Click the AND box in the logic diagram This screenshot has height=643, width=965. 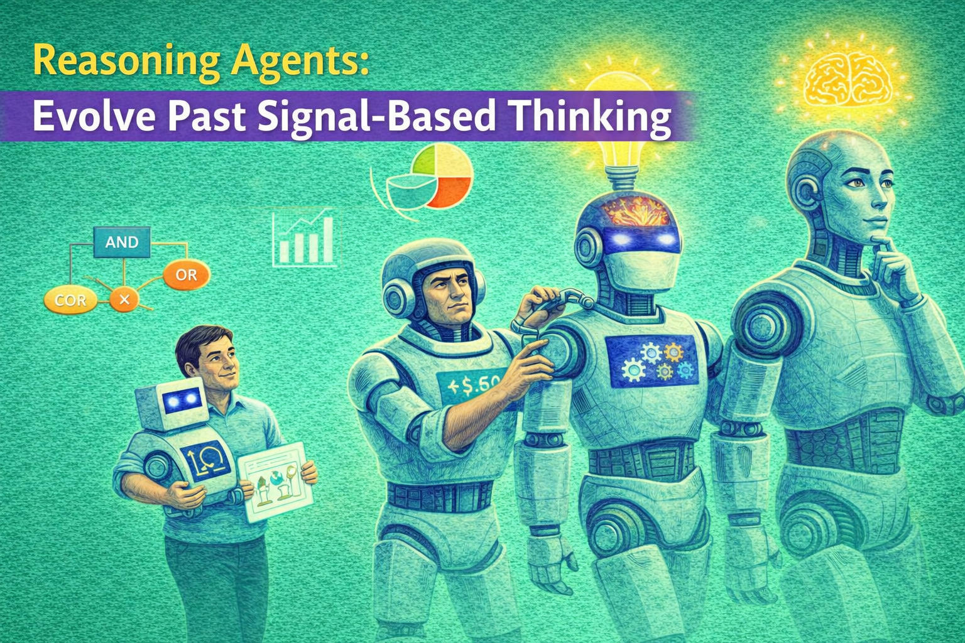click(122, 242)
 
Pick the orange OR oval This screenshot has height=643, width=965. click(186, 275)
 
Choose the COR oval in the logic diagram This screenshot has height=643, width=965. click(70, 301)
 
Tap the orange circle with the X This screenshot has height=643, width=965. click(124, 300)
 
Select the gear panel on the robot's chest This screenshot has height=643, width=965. click(653, 362)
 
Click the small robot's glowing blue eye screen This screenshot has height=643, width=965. click(182, 400)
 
